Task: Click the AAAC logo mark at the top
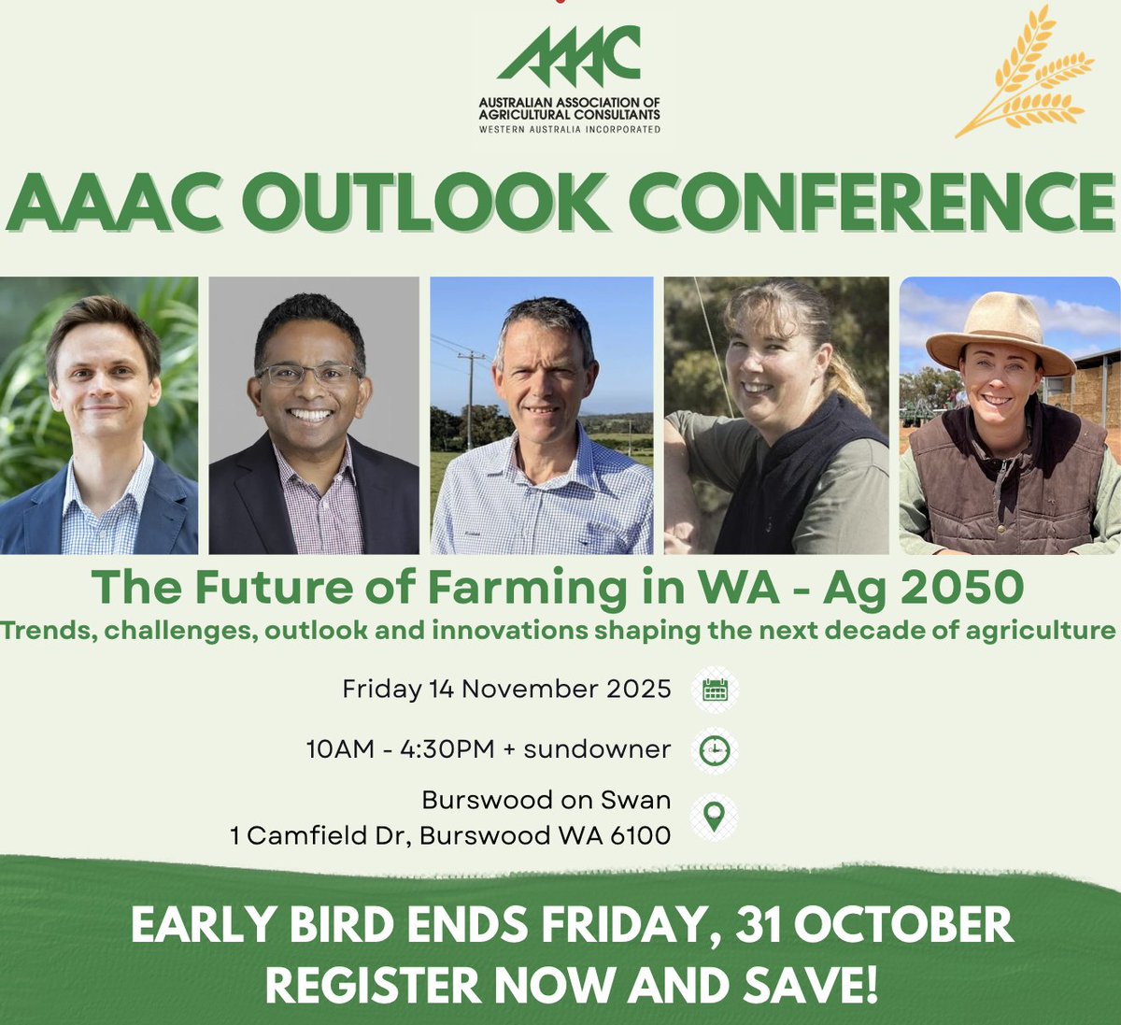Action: click(x=569, y=56)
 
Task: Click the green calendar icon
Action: click(x=716, y=690)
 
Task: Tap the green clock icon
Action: click(x=716, y=750)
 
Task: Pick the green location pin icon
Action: click(x=715, y=816)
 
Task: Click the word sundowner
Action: click(x=597, y=749)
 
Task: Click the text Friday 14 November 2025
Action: click(x=506, y=690)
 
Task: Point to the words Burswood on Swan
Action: click(x=546, y=801)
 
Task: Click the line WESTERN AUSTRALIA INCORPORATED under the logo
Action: click(x=569, y=129)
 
